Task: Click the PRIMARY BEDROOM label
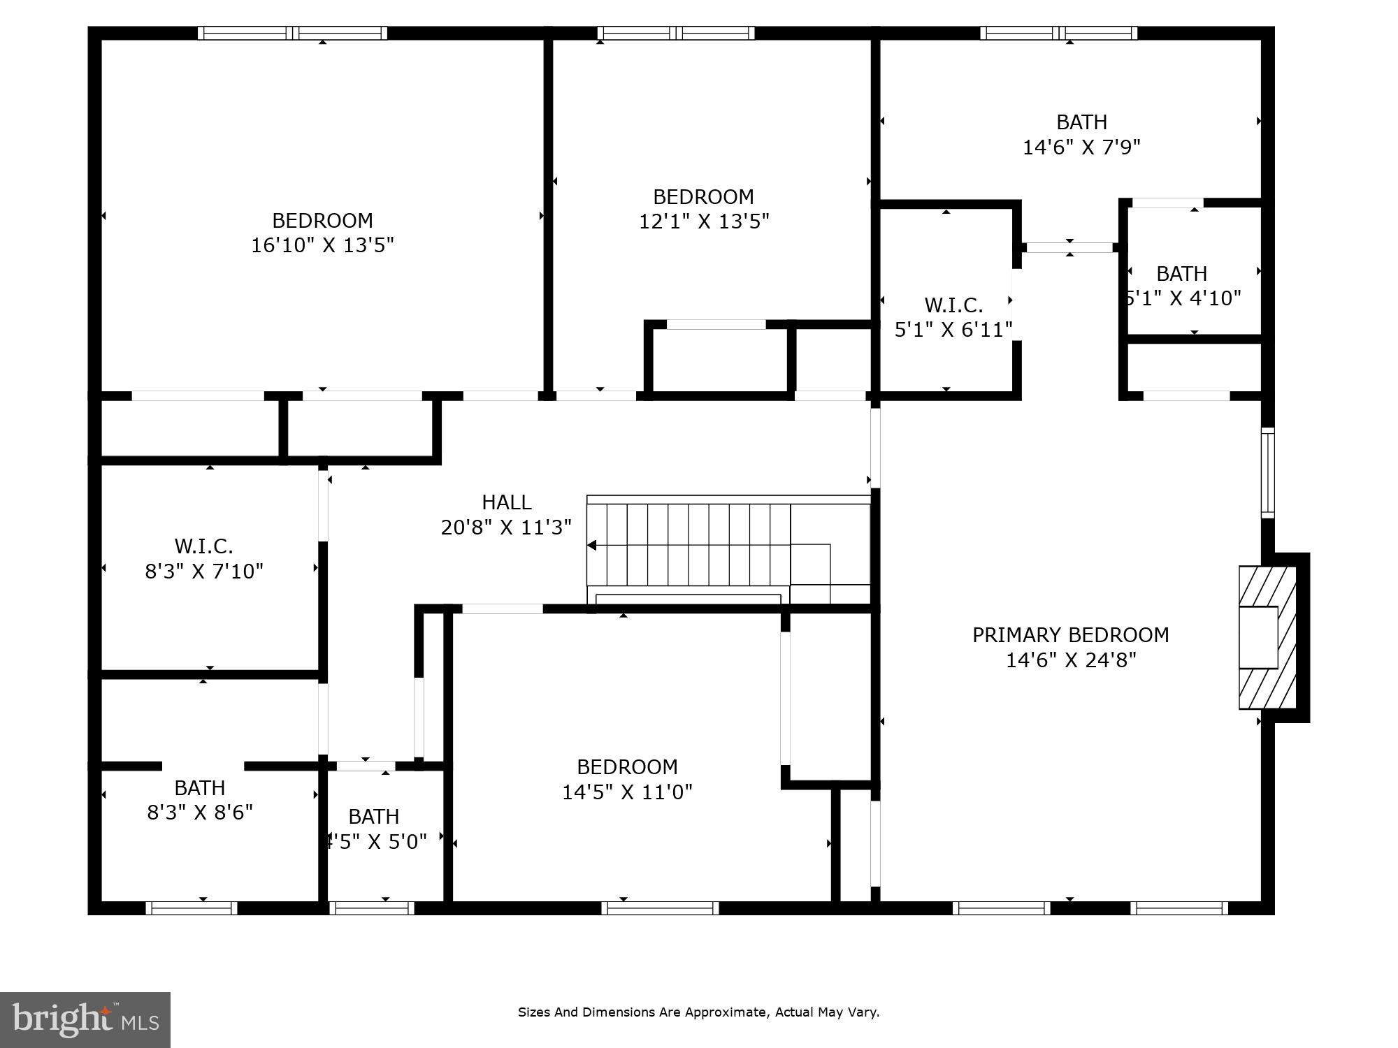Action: [1070, 635]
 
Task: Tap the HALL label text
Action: [506, 502]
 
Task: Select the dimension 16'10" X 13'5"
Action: [322, 245]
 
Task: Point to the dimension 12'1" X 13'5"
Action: [704, 221]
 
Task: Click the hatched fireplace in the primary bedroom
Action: [1267, 637]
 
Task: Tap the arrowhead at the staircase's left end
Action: [592, 545]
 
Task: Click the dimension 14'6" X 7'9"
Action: [1081, 147]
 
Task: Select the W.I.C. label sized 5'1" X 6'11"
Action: [953, 305]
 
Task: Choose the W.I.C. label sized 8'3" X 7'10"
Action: [203, 546]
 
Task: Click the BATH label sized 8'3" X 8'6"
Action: [199, 788]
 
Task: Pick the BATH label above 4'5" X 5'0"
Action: [373, 817]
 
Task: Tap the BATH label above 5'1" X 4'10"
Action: [1181, 273]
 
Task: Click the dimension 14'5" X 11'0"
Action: [627, 792]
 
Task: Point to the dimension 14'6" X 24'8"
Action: [1070, 660]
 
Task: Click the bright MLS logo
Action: [85, 1019]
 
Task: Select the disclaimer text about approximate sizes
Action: [698, 1012]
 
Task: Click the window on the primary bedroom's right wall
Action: [1267, 472]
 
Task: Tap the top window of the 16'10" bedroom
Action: [292, 33]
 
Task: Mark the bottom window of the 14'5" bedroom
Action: [660, 908]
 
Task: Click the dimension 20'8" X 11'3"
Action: [506, 527]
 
